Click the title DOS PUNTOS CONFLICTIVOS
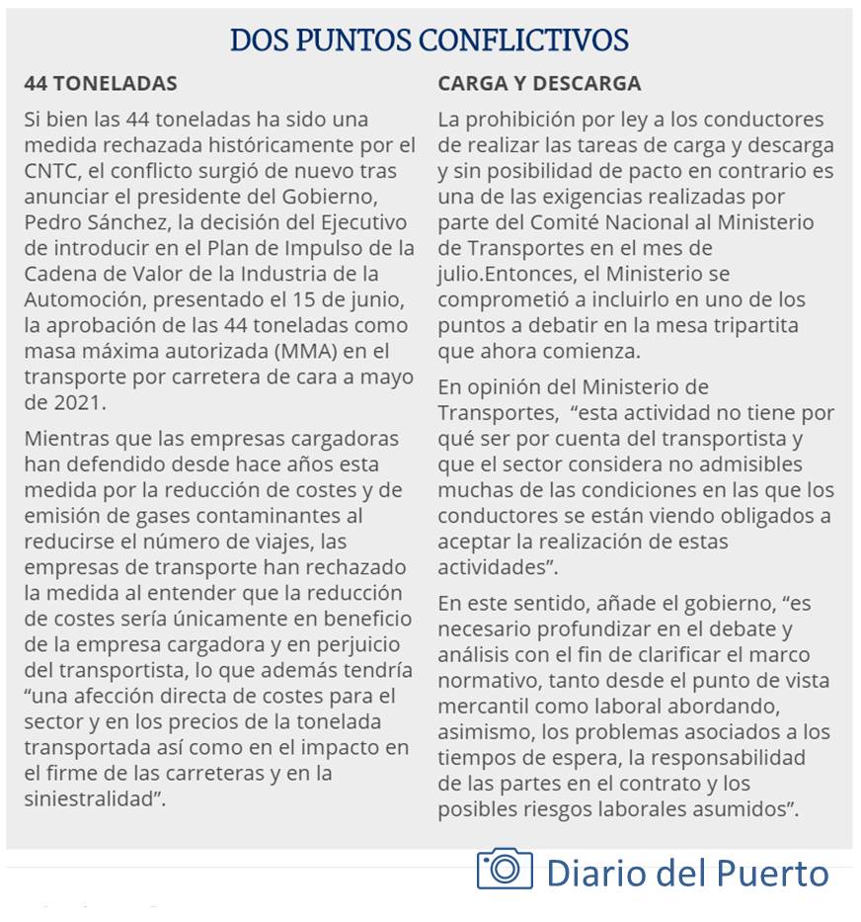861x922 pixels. point(429,41)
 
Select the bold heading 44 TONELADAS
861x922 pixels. point(101,83)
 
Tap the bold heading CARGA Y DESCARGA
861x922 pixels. point(539,83)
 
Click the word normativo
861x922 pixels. point(486,680)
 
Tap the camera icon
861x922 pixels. point(505,870)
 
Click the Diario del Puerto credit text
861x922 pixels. point(687,872)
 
